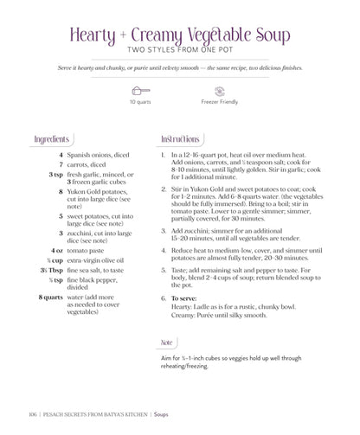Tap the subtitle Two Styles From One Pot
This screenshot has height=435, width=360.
click(x=179, y=49)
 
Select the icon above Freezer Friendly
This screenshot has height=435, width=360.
click(x=220, y=90)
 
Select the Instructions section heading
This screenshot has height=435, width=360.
click(x=181, y=139)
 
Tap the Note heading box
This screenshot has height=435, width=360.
click(x=168, y=342)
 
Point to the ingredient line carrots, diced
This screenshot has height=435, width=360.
click(x=87, y=164)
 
